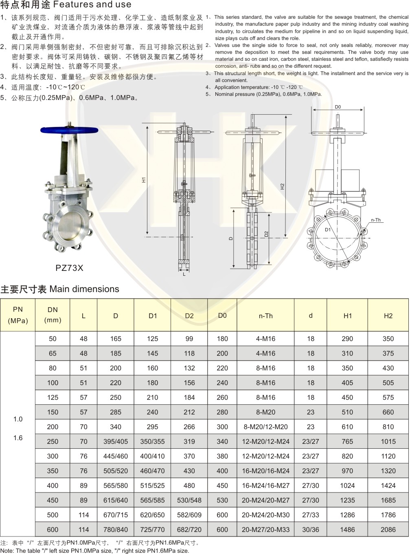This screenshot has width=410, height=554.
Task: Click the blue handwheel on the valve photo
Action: pyautogui.click(x=69, y=130)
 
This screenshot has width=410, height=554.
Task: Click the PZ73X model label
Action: pyautogui.click(x=69, y=268)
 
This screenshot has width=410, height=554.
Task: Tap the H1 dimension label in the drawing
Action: pyautogui.click(x=144, y=179)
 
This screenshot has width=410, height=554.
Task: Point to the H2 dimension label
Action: pyautogui.click(x=282, y=186)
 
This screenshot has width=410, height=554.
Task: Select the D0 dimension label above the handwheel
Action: pyautogui.click(x=338, y=107)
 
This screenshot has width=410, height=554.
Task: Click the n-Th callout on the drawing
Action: pyautogui.click(x=376, y=220)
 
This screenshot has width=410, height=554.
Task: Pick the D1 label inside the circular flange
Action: pyautogui.click(x=328, y=230)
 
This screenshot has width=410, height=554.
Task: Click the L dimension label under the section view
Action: pyautogui.click(x=184, y=274)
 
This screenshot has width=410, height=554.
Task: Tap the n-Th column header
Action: pyautogui.click(x=265, y=316)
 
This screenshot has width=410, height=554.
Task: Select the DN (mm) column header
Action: pyautogui.click(x=53, y=315)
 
